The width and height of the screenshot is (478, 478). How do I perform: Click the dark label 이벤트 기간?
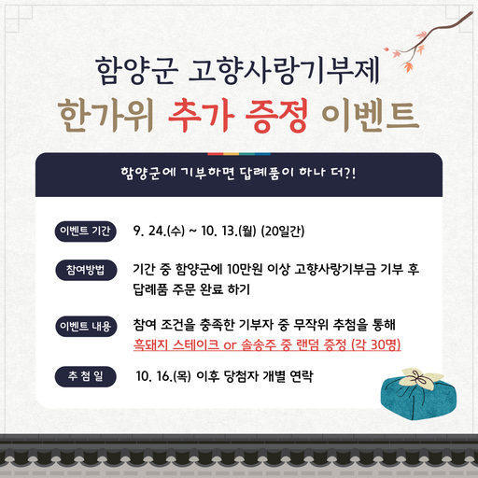90,231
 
